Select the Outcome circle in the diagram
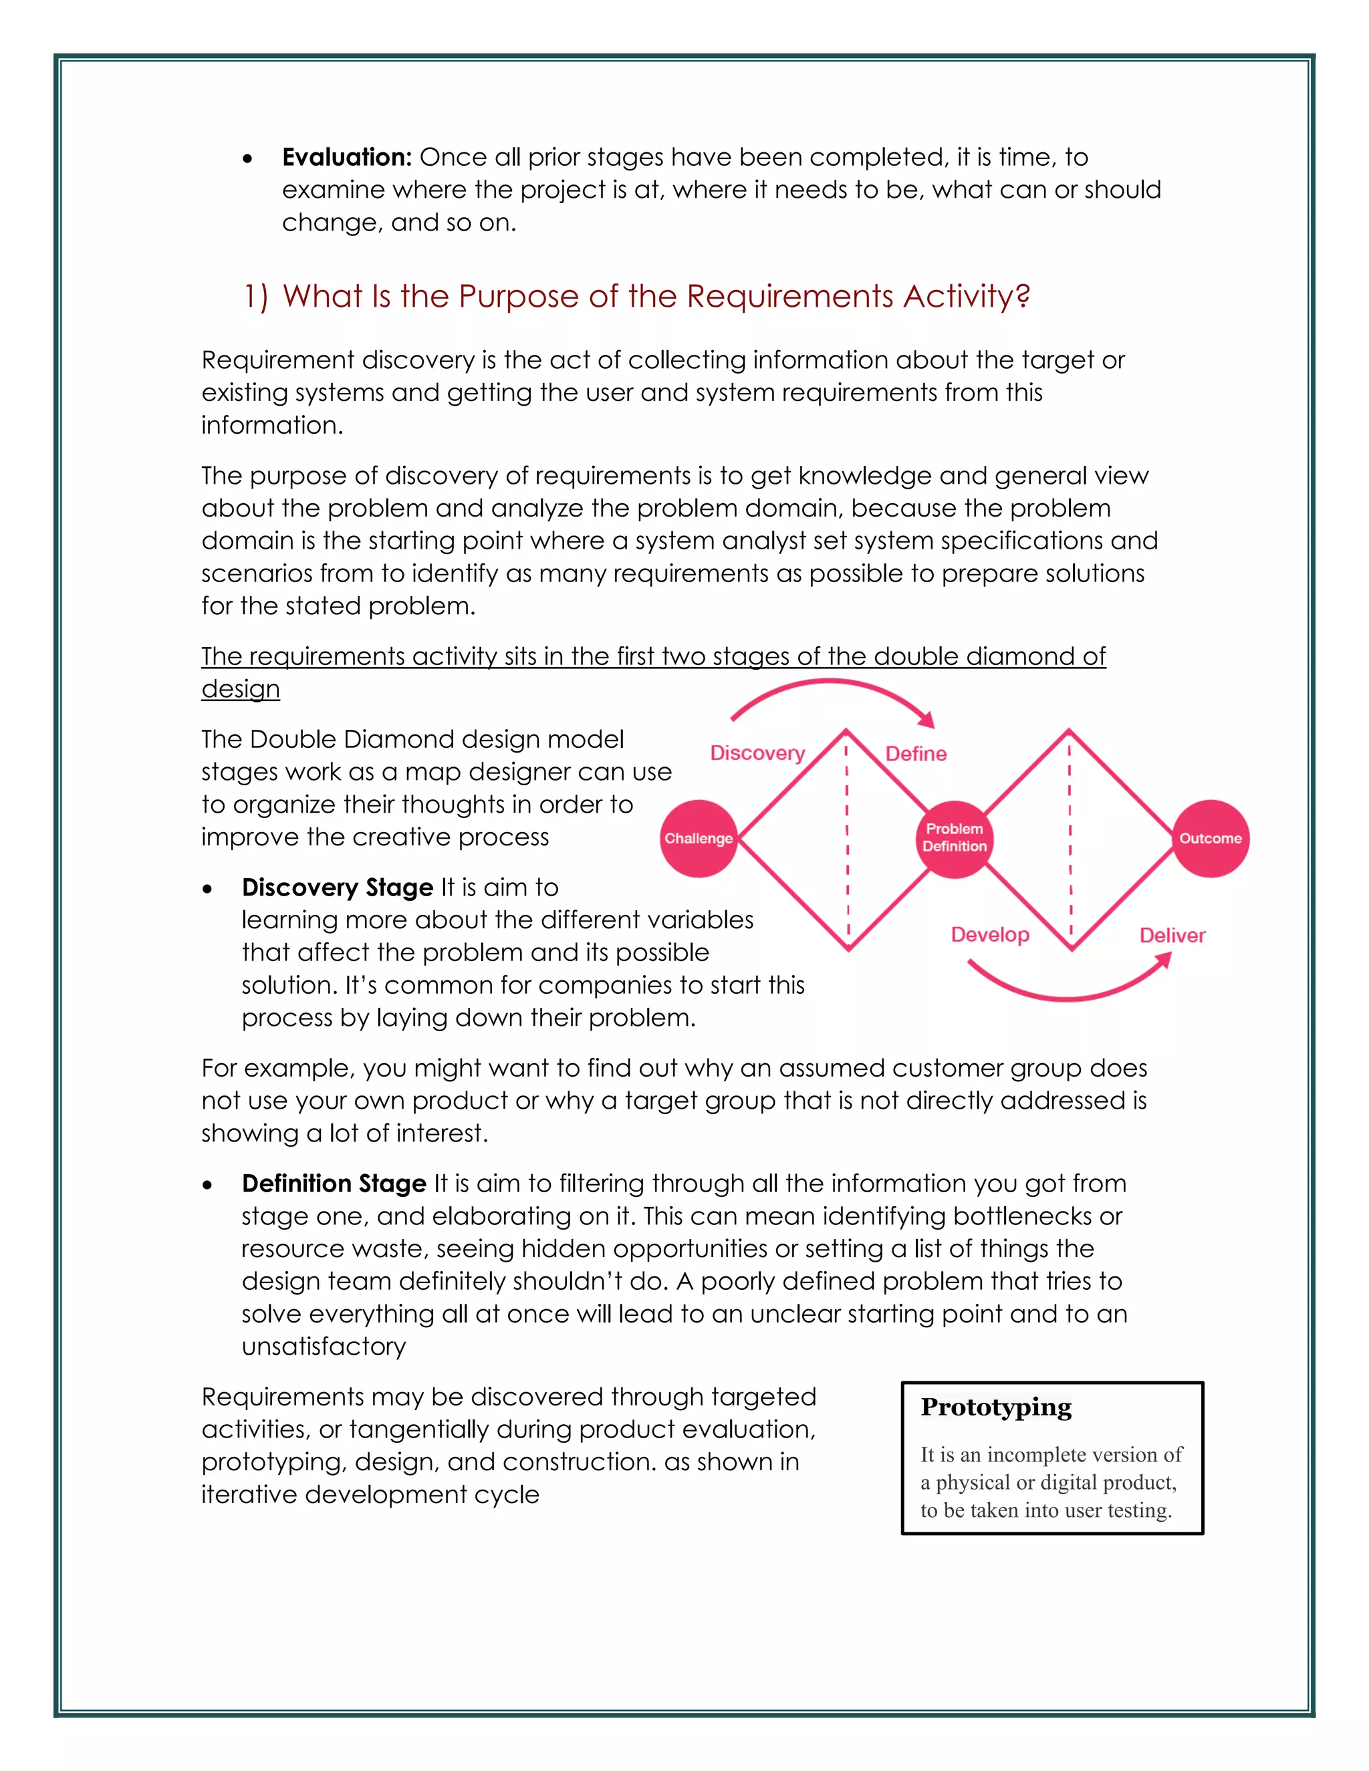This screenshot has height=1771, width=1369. pos(1210,839)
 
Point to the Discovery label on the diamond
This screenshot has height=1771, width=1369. pos(757,753)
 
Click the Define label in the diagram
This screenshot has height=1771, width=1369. pos(916,753)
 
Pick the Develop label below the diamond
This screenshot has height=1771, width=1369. pos(989,934)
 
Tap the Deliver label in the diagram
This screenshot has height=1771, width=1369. pos(1172,935)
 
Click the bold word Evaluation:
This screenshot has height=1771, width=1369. pos(347,156)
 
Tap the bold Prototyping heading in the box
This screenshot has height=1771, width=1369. pos(996,1407)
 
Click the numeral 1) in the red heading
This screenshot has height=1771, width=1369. pos(255,296)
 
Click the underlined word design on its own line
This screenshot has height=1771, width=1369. pos(241,688)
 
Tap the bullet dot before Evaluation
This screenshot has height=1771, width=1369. pos(247,159)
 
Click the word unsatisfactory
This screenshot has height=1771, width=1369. pos(324,1346)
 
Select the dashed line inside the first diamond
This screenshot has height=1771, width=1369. pos(848,839)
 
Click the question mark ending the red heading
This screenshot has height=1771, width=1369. pos(1023,296)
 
